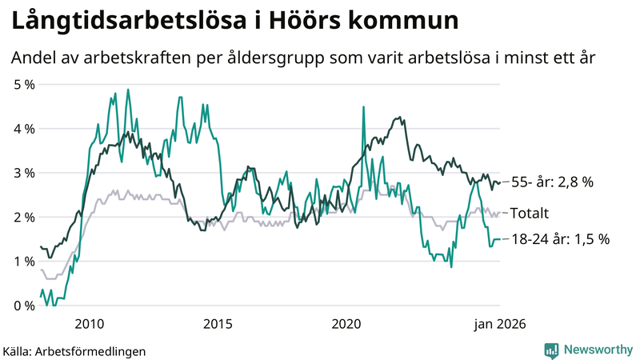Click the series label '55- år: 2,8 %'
tap(552, 182)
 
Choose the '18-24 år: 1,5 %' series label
tap(560, 239)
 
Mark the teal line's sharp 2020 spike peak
tap(364, 106)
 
